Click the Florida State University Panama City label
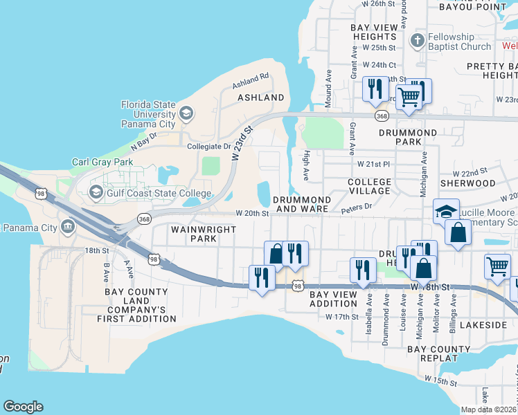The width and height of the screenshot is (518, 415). (148, 114)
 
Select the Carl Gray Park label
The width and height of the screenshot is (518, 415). (102, 163)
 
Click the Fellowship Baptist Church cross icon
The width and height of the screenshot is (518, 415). (417, 41)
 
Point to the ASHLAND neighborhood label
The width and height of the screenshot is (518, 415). (261, 98)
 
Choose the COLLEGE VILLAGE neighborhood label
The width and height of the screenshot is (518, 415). (369, 187)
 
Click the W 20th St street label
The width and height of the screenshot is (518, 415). (251, 214)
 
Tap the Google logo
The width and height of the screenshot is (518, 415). (23, 407)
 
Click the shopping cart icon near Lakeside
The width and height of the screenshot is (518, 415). (498, 266)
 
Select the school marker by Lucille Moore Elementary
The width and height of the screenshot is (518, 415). (447, 211)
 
